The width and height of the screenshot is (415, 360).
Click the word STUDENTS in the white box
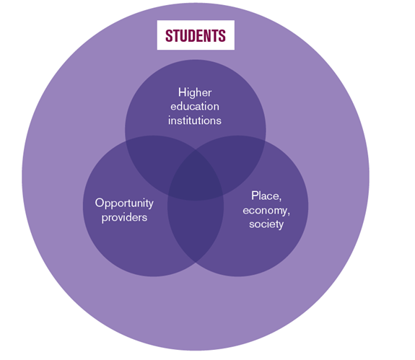196,35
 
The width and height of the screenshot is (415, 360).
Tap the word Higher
195,92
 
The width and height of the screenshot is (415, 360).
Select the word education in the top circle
195,106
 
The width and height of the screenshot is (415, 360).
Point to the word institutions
195,120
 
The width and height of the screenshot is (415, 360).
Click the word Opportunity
124,203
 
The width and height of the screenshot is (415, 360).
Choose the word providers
124,217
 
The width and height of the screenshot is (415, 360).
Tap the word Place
265,196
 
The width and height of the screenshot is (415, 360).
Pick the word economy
265,211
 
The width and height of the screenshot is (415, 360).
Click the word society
266,224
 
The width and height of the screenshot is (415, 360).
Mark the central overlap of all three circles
196,176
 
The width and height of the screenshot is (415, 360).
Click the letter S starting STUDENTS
169,35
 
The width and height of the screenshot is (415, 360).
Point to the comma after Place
280,199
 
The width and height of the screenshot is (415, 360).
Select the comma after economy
289,214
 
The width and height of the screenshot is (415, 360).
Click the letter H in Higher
182,92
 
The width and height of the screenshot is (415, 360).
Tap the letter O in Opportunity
100,203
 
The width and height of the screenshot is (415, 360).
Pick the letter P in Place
254,196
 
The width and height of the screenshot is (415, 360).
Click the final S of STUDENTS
222,35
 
